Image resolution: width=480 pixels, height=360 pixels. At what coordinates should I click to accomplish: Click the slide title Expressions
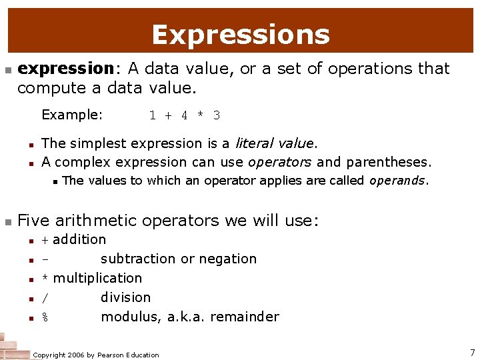tap(240, 35)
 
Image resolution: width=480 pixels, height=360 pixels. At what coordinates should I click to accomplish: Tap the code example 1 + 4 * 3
tap(185, 115)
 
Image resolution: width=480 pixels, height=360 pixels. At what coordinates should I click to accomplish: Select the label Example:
tap(72, 115)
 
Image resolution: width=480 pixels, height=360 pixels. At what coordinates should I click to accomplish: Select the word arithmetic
tap(97, 220)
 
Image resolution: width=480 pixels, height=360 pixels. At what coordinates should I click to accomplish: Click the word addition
tap(79, 239)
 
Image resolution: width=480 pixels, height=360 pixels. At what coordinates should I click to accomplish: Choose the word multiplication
tap(97, 278)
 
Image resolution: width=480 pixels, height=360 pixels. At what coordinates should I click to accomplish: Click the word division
tap(125, 297)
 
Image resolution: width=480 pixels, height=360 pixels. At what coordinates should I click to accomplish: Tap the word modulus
tap(129, 317)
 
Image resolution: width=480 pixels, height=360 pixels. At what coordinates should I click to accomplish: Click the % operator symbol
tap(45, 317)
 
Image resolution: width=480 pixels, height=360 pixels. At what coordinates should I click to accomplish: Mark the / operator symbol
tap(45, 298)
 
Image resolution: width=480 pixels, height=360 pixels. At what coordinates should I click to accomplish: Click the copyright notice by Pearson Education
tap(96, 355)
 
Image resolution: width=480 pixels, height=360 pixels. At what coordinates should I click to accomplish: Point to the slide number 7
tap(471, 352)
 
